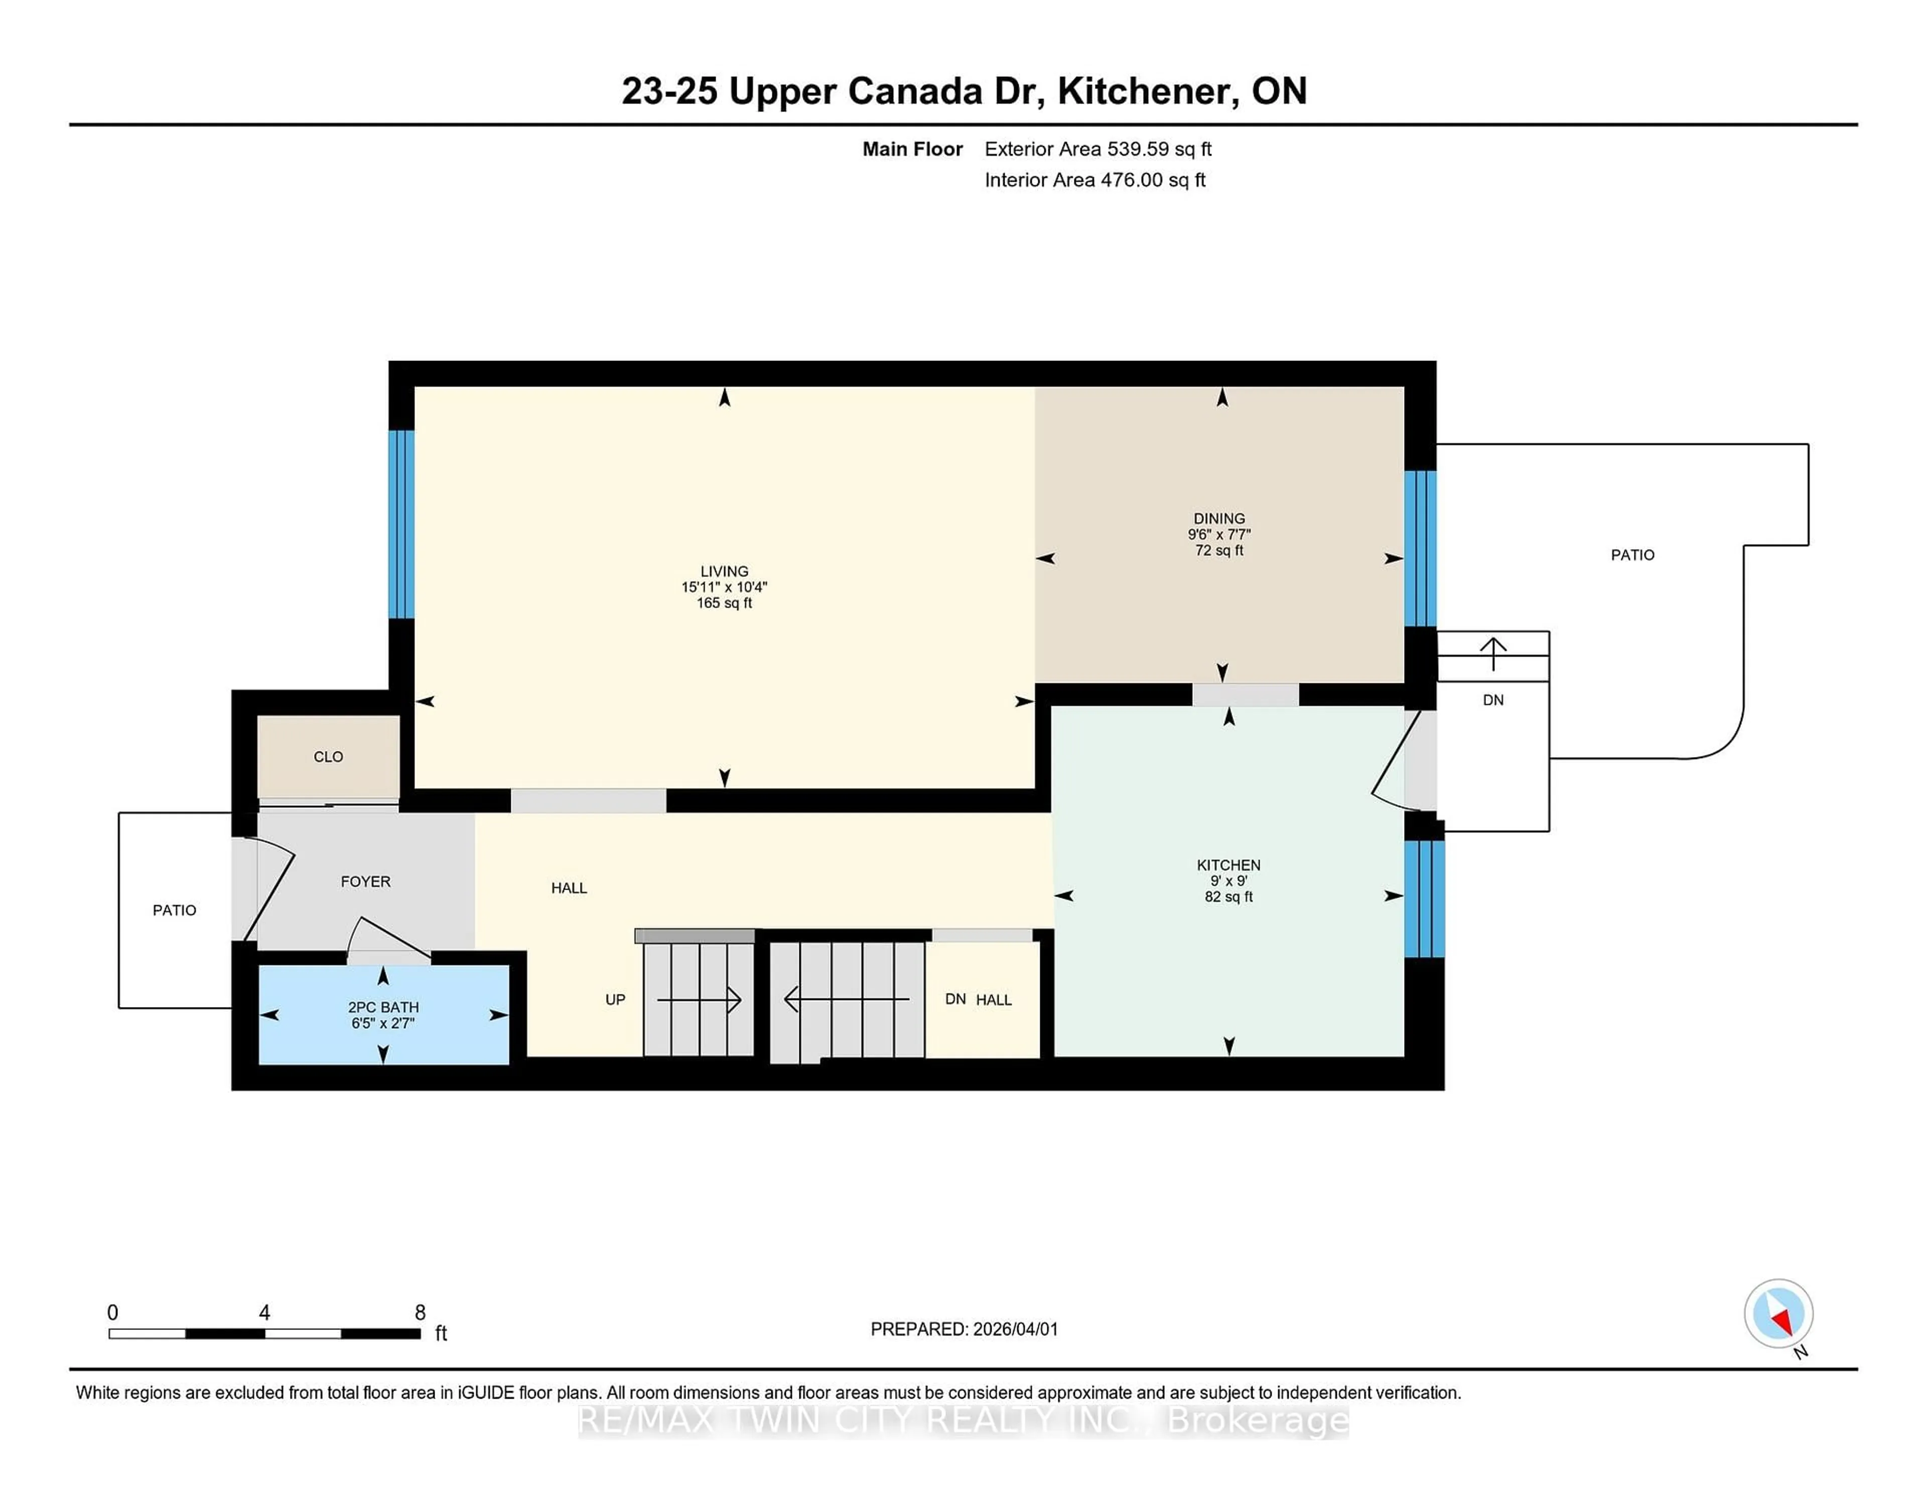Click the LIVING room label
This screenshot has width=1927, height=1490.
coord(724,571)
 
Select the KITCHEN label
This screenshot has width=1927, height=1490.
coord(1228,865)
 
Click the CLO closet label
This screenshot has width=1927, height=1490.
coord(328,757)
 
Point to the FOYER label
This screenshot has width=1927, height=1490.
coord(365,881)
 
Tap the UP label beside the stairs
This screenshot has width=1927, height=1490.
coord(615,999)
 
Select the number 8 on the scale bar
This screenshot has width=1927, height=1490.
coord(420,1313)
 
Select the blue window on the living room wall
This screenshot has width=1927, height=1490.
coord(401,524)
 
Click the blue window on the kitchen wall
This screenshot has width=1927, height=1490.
coord(1424,899)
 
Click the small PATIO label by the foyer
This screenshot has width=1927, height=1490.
coord(175,910)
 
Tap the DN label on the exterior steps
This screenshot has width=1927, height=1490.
coord(1493,700)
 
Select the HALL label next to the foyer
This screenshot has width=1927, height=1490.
coord(569,888)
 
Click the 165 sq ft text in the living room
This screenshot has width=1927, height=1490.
coord(724,603)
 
